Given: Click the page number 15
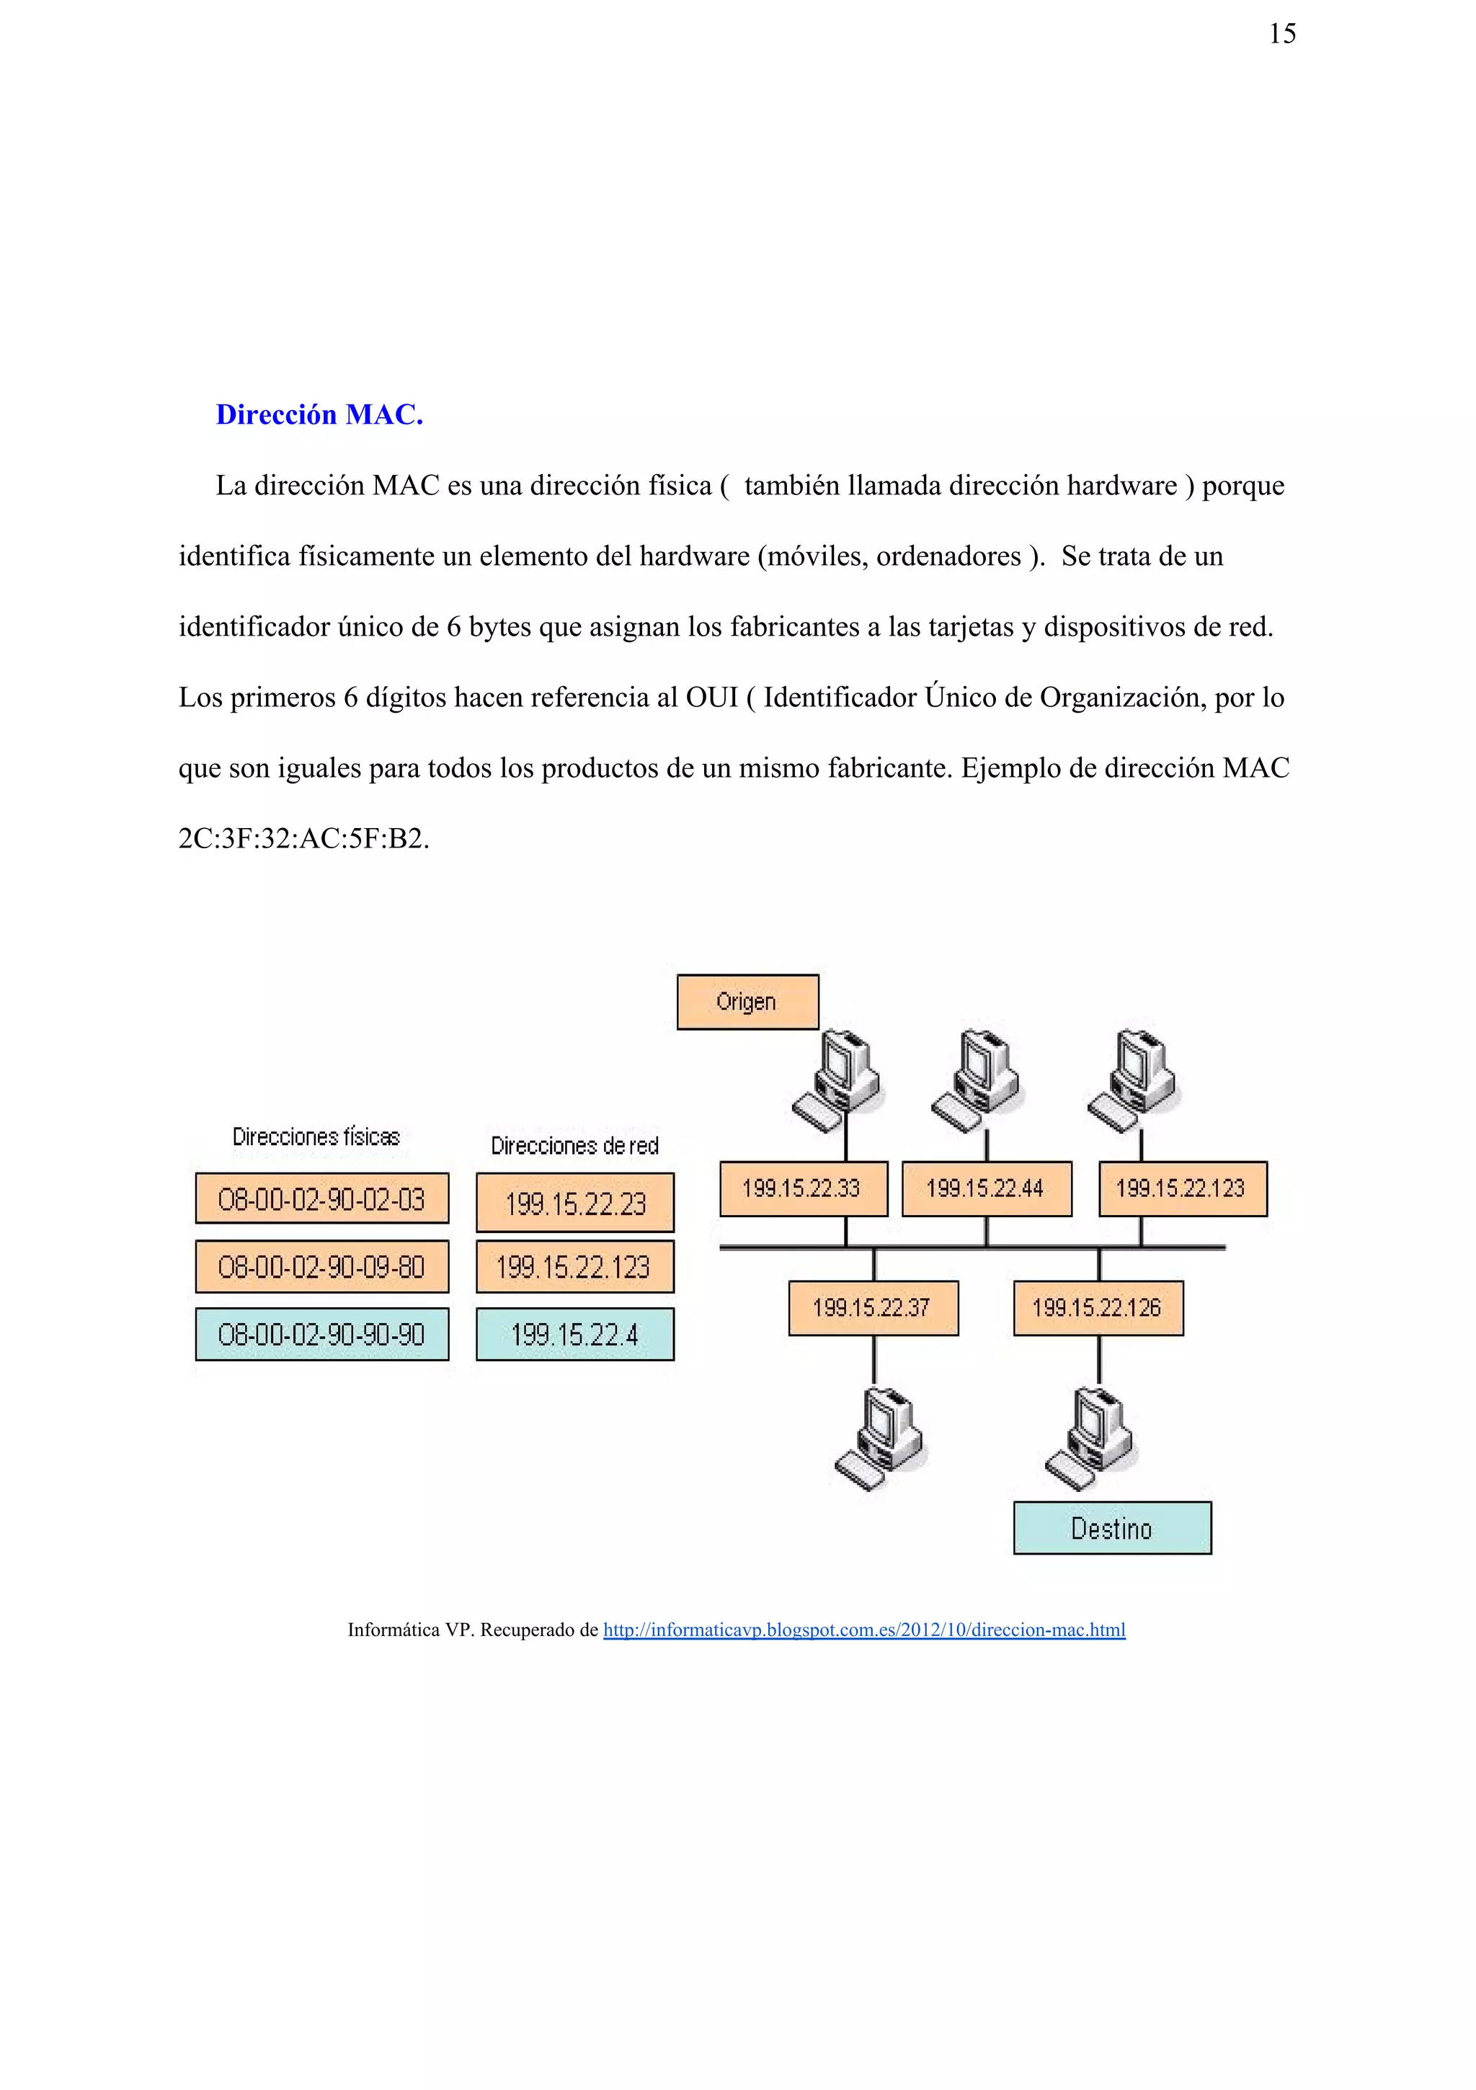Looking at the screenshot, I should pos(1281,35).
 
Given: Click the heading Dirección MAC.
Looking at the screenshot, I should pos(319,415).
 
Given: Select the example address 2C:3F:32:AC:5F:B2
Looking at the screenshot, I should pos(303,838).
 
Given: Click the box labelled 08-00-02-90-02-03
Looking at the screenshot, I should pos(321,1199).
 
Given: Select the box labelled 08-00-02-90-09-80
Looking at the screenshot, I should pos(321,1266).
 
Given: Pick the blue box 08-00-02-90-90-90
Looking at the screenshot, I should pos(321,1335).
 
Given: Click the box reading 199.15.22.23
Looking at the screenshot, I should pos(574,1204).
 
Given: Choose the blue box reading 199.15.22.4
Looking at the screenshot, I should pos(574,1335).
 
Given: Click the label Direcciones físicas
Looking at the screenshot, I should pos(316,1137).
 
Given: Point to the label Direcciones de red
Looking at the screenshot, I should pos(574,1146).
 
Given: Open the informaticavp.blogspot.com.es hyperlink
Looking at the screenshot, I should pos(863,1630).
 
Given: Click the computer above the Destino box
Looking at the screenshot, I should pos(1091,1438).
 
